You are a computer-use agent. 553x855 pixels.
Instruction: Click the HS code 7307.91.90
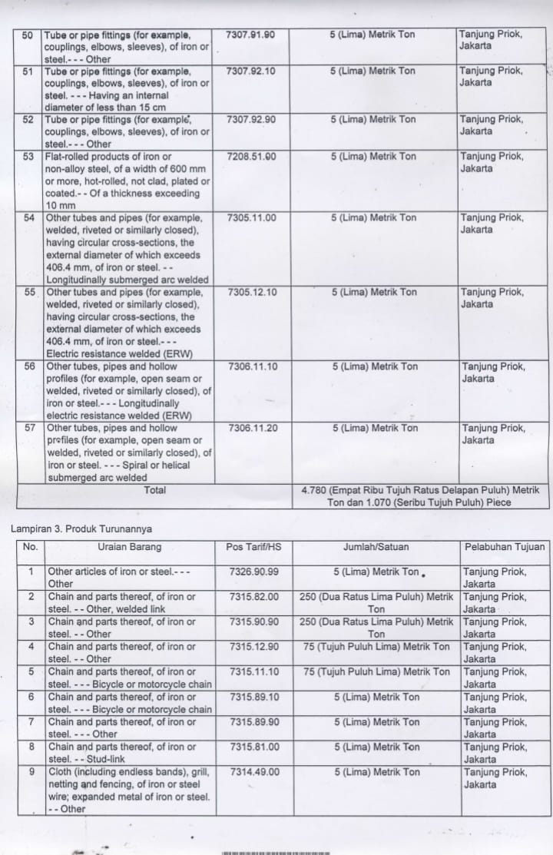pos(251,35)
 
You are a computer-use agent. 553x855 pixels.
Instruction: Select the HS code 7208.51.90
pos(251,157)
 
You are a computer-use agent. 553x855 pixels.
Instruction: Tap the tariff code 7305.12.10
pos(252,293)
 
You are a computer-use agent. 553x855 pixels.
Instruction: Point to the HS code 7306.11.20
pos(253,429)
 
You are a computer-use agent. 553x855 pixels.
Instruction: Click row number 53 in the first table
pos(29,157)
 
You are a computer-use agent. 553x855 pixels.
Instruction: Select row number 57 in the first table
pos(30,429)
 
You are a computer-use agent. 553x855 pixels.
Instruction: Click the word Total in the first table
pos(154,489)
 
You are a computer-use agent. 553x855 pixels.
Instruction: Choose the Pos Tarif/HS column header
pos(253,547)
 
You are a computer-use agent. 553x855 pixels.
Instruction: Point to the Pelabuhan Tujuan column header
pos(505,547)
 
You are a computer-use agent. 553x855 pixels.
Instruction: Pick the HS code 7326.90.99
pos(253,572)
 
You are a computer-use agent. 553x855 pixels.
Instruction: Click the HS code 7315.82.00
pos(253,597)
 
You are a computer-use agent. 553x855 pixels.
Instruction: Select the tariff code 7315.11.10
pos(253,672)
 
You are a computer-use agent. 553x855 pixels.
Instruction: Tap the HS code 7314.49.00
pos(253,772)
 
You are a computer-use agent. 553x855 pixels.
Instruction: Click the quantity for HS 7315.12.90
pos(376,647)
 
